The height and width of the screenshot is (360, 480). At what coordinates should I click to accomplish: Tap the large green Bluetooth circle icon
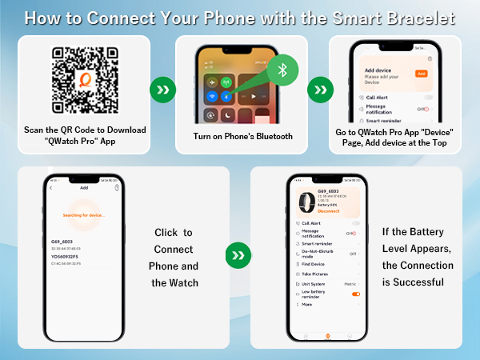click(281, 70)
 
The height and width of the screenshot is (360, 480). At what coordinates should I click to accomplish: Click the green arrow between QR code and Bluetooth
click(163, 90)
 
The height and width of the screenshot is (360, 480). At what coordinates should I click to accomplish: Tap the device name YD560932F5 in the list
click(66, 256)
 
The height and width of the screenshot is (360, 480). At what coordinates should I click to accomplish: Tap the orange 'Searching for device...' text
click(84, 215)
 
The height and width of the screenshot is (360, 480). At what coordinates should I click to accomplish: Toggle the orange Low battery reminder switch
click(355, 294)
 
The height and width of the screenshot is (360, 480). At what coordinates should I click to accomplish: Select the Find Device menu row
click(314, 263)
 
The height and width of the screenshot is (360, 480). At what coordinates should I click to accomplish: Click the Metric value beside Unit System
click(350, 283)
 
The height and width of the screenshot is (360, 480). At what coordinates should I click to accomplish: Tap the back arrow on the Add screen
click(51, 188)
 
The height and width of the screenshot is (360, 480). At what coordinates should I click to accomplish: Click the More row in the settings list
click(307, 304)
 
